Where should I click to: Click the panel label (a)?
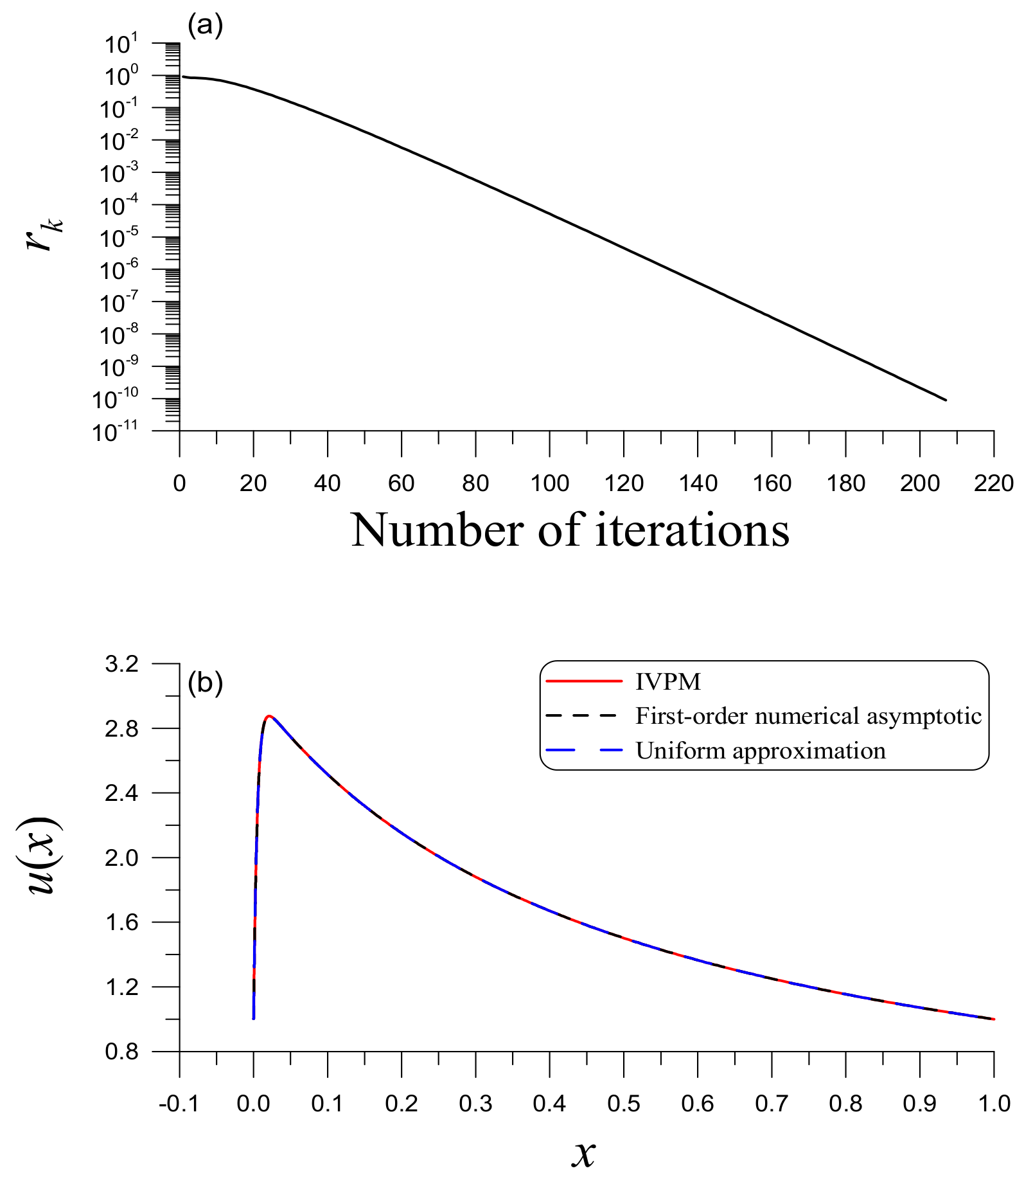coord(205,26)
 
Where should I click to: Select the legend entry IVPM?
coord(668,681)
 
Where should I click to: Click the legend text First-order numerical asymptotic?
coord(808,716)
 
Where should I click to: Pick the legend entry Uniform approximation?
coord(760,751)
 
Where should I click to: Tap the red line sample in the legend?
coord(584,681)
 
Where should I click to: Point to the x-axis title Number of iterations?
coord(570,530)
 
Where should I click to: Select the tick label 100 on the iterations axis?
coord(549,483)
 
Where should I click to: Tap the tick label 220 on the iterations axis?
coord(993,483)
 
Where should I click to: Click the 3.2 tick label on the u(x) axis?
coord(122,663)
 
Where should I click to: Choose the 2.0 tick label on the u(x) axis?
coord(122,857)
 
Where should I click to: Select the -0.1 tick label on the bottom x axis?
coord(179,1104)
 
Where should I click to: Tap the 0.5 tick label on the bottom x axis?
coord(623,1104)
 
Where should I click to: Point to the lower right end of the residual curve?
coord(945,400)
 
